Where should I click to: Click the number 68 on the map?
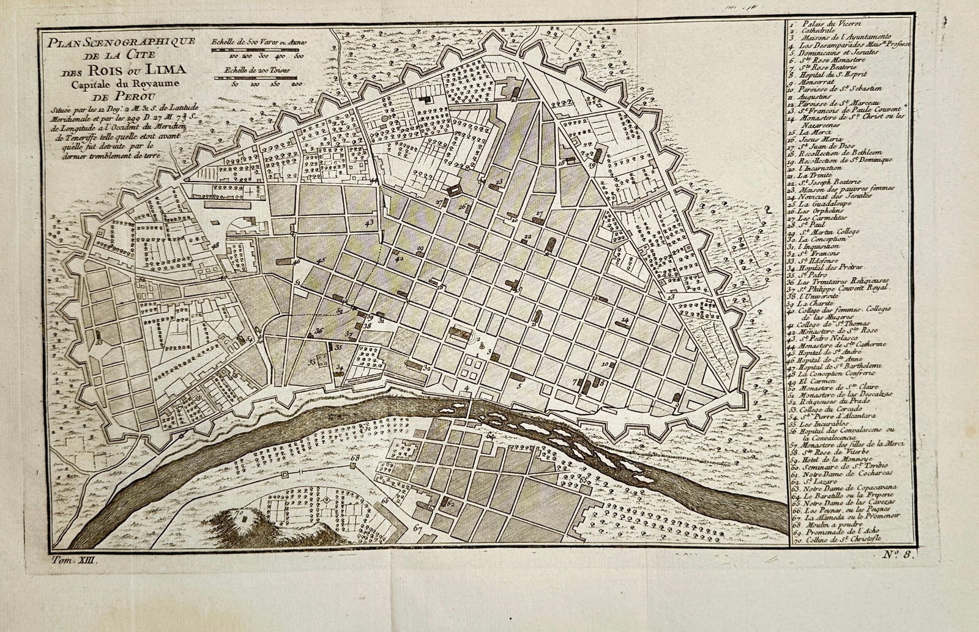(x=355, y=458)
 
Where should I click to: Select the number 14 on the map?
(x=625, y=320)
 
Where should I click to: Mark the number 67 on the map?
(x=418, y=529)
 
